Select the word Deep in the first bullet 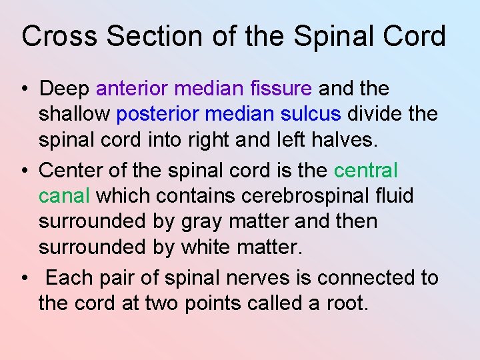(65, 89)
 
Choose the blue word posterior (157, 114)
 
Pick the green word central (365, 171)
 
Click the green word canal (65, 197)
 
